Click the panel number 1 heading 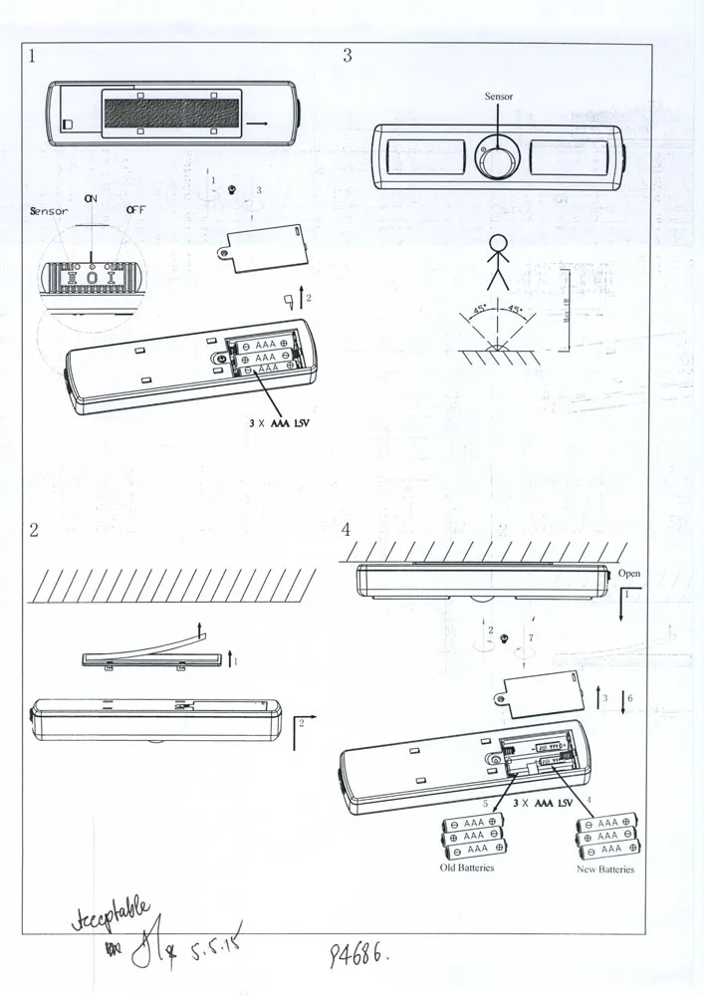[33, 56]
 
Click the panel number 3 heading [347, 56]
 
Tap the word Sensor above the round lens [498, 97]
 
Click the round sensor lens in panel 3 [497, 156]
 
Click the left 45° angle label [478, 310]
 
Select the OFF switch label [135, 210]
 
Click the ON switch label [91, 198]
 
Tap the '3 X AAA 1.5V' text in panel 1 [288, 422]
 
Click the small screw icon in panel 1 [232, 189]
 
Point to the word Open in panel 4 [629, 575]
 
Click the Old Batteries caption [467, 868]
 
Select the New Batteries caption [605, 870]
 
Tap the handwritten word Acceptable [113, 911]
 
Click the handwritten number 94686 [358, 956]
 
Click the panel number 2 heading [33, 530]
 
